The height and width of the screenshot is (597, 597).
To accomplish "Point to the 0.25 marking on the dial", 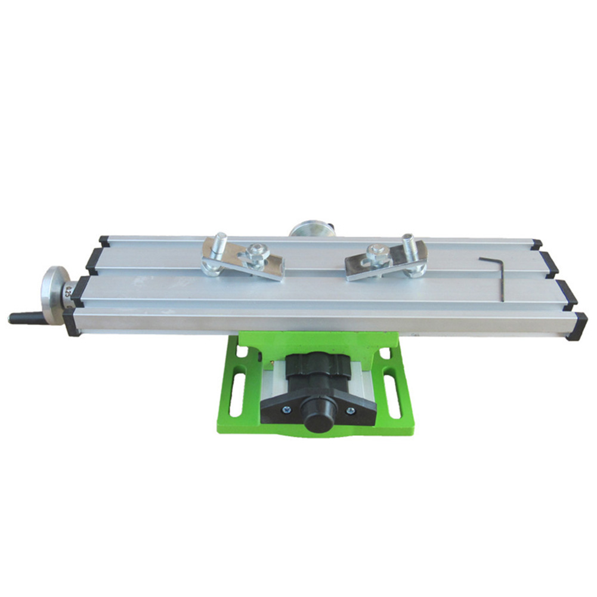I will click(69, 290).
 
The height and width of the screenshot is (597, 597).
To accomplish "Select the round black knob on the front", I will click(318, 420).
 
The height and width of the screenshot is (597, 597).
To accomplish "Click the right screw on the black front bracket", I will click(351, 410).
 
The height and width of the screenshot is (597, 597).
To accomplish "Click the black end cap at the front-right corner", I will click(577, 326).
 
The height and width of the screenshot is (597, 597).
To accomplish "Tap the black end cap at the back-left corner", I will click(104, 240).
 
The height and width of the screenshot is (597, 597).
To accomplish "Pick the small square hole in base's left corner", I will click(242, 354).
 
